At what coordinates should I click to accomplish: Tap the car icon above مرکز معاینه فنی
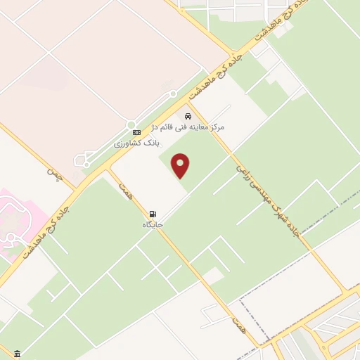coord(188,116)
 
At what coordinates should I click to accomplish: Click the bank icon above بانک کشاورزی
coord(136,132)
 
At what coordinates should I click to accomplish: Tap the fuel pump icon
coord(152,214)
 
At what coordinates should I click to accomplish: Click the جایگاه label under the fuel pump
coord(153,224)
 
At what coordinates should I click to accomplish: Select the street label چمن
coord(56,174)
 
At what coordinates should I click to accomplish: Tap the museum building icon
coord(17,353)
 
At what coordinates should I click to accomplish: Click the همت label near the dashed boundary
coord(240,323)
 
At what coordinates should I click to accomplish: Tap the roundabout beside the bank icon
coord(131,124)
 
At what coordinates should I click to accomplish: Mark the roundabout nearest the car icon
coord(172,94)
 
